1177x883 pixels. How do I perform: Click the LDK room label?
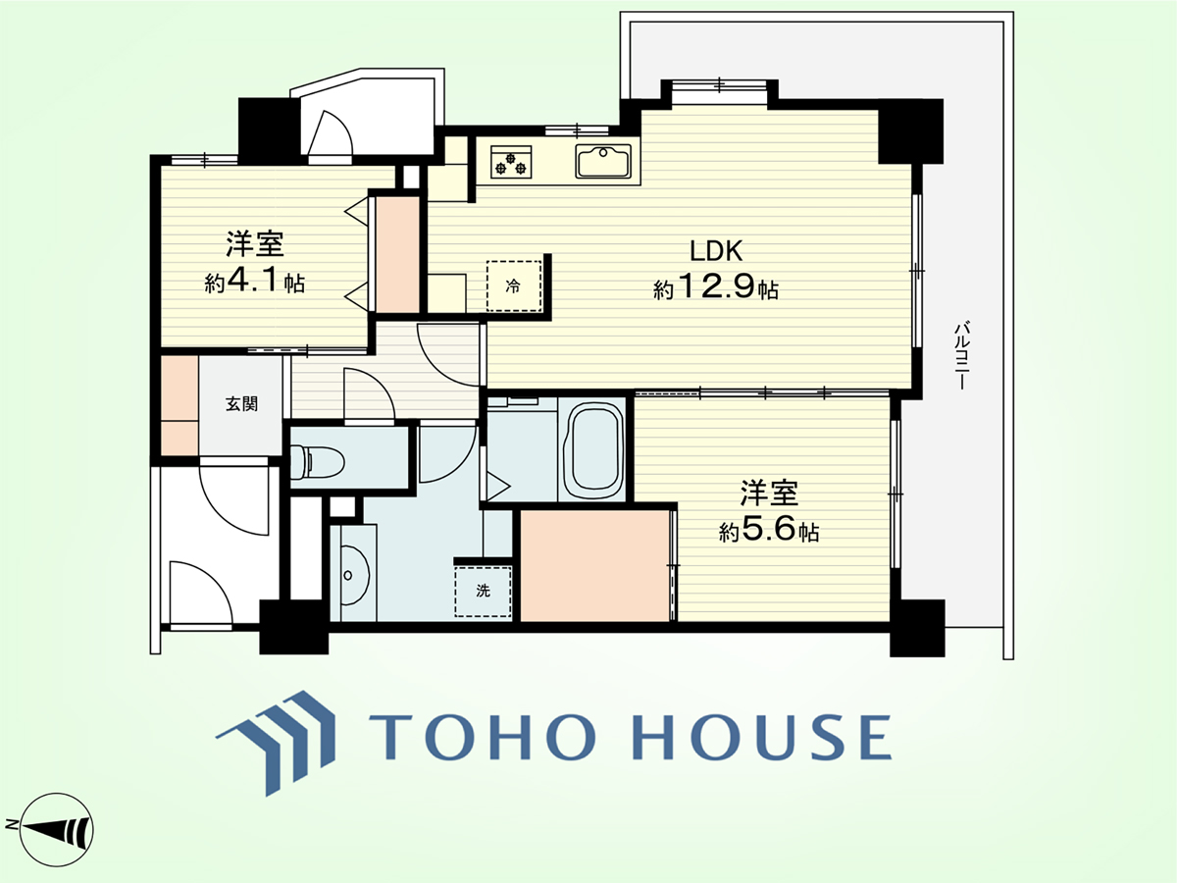[x=716, y=251]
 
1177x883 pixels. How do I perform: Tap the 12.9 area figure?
[x=715, y=286]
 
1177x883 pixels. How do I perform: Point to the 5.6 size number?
[x=768, y=530]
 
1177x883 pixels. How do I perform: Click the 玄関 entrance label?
[x=241, y=403]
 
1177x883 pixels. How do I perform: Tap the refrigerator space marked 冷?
[x=514, y=286]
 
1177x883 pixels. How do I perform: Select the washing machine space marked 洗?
[x=483, y=591]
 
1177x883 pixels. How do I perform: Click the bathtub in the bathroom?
[x=595, y=448]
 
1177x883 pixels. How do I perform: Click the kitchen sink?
[x=603, y=161]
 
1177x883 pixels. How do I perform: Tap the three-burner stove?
[x=511, y=162]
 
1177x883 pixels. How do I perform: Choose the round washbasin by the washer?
[x=354, y=575]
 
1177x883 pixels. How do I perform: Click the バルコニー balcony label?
[x=960, y=355]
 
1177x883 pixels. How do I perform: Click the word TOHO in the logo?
[x=482, y=737]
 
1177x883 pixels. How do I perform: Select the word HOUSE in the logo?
[x=761, y=737]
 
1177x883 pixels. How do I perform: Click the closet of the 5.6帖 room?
[x=595, y=566]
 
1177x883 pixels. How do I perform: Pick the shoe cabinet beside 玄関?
[x=179, y=406]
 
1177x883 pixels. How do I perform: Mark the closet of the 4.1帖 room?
[x=397, y=254]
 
